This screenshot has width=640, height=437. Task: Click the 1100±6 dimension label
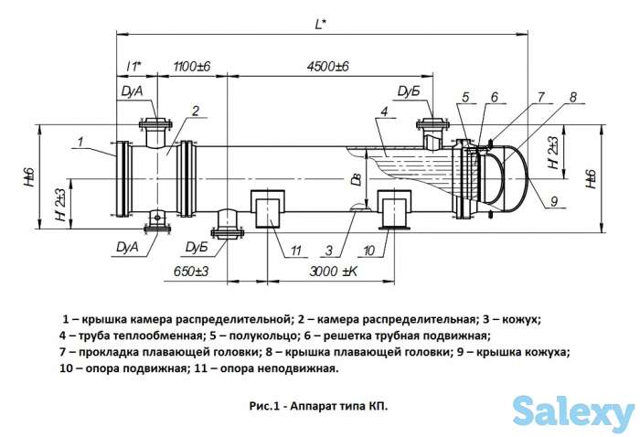pos(191,67)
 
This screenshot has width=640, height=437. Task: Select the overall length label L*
pos(320,26)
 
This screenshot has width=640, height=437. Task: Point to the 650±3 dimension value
pos(191,271)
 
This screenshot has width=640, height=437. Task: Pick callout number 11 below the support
pos(294,250)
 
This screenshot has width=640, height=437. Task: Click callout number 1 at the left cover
pos(80,141)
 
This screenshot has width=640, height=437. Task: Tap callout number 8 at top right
pos(572,97)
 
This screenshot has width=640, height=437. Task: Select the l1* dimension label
pos(133,67)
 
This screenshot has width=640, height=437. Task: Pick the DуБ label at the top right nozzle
pos(409,91)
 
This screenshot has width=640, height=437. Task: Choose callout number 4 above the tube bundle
pos(385,112)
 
